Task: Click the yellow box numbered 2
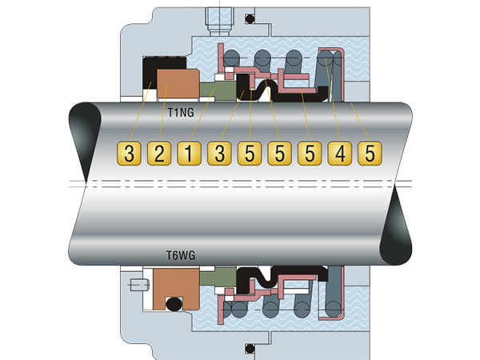click(x=158, y=153)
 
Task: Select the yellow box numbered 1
click(x=189, y=153)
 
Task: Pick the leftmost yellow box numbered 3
click(x=129, y=153)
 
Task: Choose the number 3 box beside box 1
click(x=218, y=153)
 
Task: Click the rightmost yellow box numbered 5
click(x=368, y=153)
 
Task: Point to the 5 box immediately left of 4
click(x=309, y=153)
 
